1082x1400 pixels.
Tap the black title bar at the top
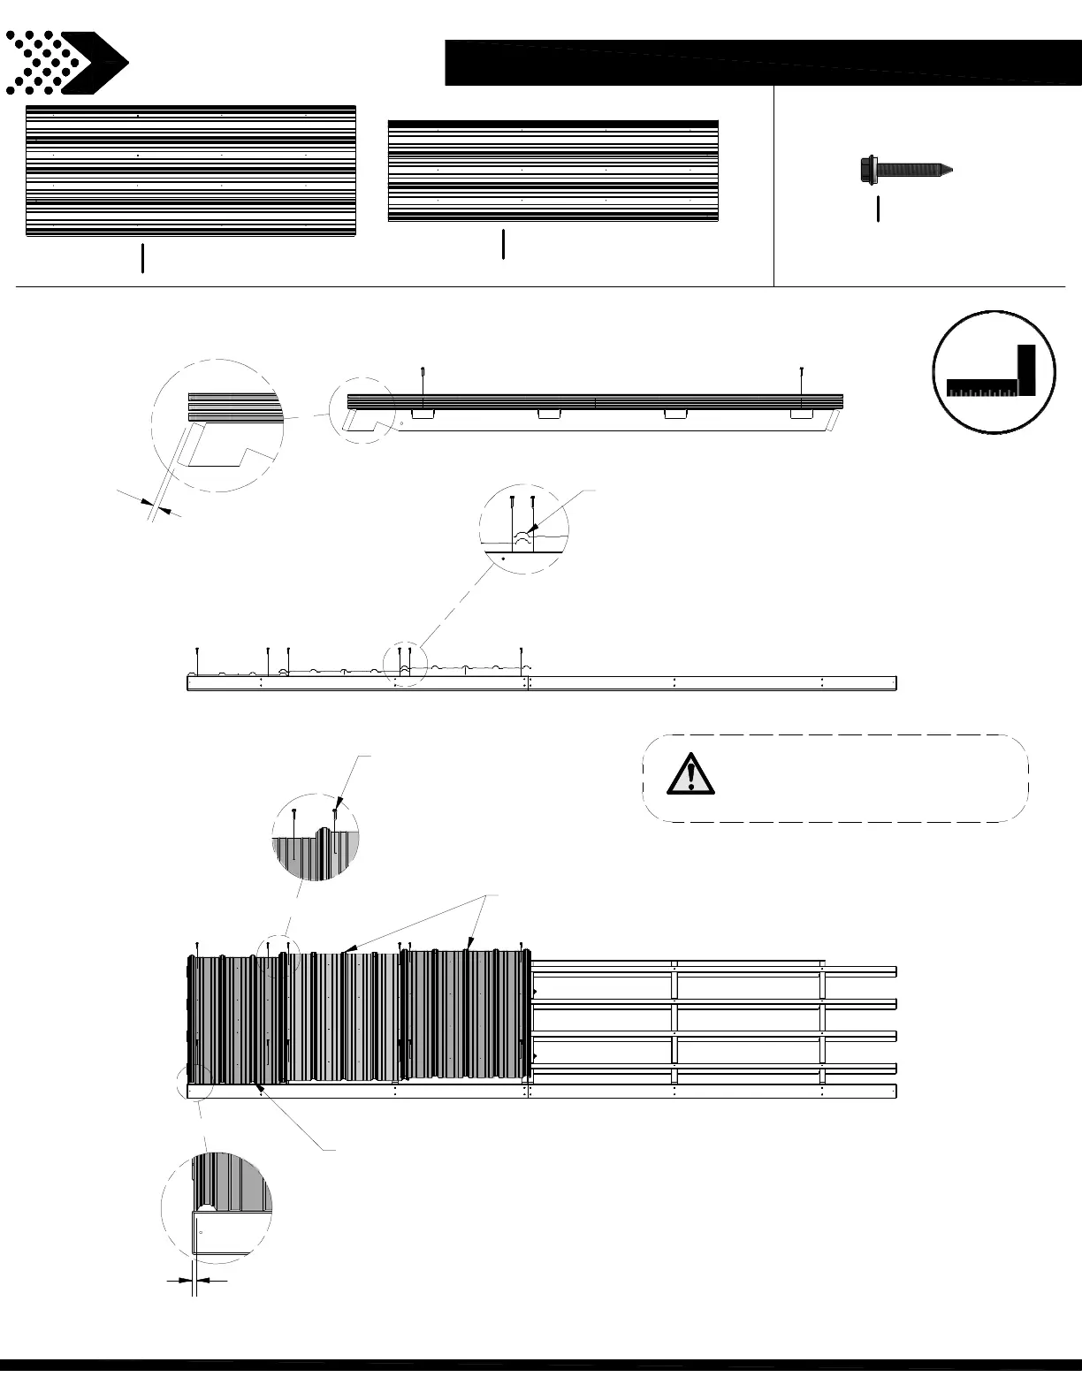point(763,62)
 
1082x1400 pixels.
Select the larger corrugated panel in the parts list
point(191,171)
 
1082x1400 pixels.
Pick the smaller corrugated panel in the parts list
point(553,171)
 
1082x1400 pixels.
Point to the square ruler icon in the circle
point(994,372)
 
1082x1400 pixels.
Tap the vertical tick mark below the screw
point(878,209)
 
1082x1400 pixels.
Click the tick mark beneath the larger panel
point(142,259)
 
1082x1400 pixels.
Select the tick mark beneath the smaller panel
point(503,244)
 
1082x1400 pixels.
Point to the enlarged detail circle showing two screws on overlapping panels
point(523,529)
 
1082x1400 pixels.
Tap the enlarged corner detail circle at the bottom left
point(217,1206)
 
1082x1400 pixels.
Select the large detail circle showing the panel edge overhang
point(218,425)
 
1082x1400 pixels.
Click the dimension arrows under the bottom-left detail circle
point(195,1279)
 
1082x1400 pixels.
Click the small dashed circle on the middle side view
point(405,663)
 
